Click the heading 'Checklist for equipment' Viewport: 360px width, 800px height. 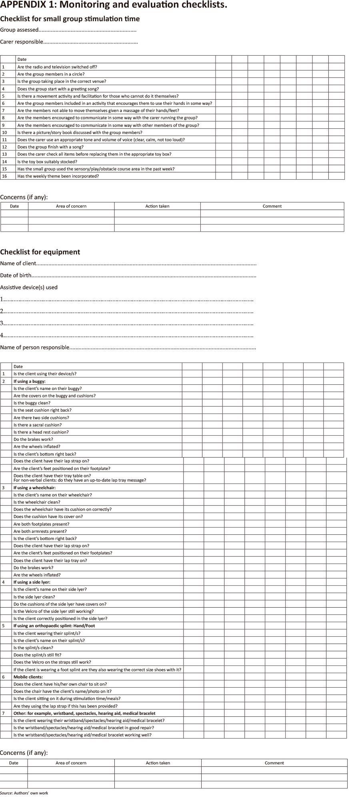[40, 252]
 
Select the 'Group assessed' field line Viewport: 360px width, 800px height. [68, 30]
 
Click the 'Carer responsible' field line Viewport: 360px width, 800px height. [69, 42]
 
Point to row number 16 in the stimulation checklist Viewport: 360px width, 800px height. [4, 176]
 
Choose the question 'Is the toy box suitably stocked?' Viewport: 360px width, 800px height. [47, 162]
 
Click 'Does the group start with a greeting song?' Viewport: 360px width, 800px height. [58, 89]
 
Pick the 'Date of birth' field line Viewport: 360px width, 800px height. [128, 276]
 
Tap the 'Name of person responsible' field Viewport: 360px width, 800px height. [128, 348]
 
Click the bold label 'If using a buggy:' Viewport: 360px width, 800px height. [30, 381]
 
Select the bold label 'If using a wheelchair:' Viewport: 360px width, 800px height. [34, 488]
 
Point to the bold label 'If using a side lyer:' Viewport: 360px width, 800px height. [32, 582]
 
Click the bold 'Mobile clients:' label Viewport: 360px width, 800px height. [28, 677]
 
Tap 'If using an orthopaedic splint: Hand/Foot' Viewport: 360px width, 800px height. [54, 626]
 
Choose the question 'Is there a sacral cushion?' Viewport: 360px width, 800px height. [38, 425]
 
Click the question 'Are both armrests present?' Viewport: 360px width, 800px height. [40, 531]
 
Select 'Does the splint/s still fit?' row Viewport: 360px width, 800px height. [38, 655]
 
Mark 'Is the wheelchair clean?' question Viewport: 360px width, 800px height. [37, 502]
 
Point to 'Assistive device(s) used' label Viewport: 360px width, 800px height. [29, 287]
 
